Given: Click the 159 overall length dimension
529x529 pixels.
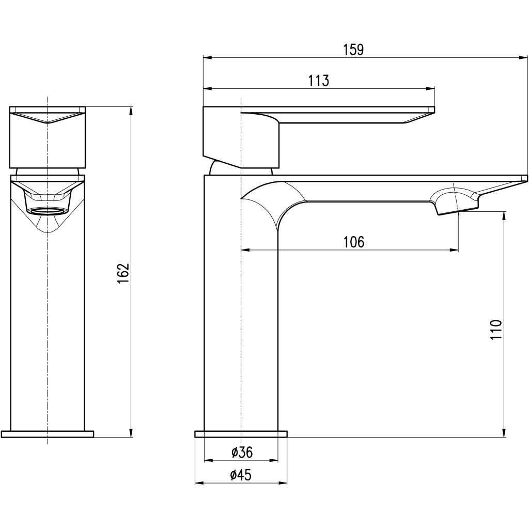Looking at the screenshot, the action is pos(354,50).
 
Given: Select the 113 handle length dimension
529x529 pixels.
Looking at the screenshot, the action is pos(319,81).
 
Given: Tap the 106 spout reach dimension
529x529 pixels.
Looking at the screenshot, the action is pos(354,242).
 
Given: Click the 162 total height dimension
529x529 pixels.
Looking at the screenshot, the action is pos(122,273).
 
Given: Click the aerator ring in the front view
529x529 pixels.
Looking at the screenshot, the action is pos(47,211).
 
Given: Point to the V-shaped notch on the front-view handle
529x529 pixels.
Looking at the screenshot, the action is pos(48,124).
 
